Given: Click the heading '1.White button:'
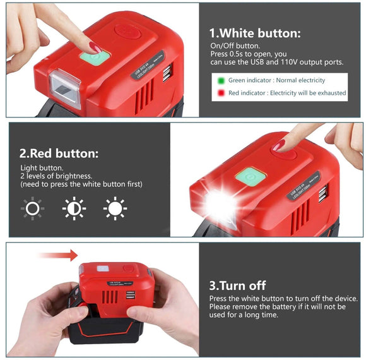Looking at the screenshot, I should (255, 33).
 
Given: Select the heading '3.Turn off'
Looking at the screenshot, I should (237, 285).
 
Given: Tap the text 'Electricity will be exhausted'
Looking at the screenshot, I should (307, 93).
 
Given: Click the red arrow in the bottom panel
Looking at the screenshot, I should (57, 255).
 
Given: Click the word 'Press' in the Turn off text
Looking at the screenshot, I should (218, 298).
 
